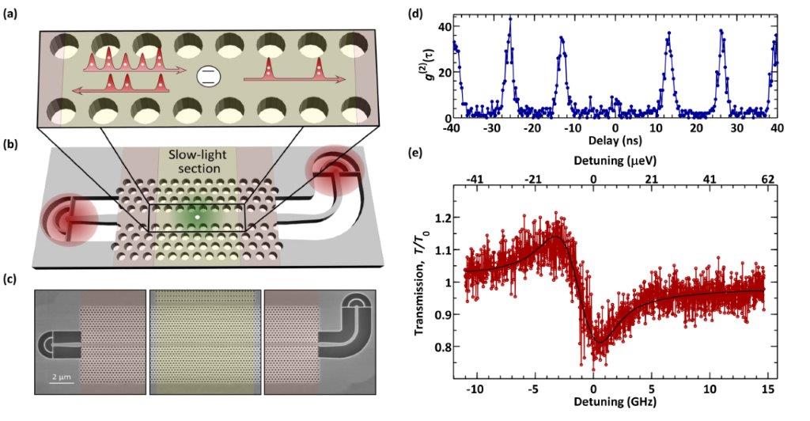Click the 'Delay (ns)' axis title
coord(615,142)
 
